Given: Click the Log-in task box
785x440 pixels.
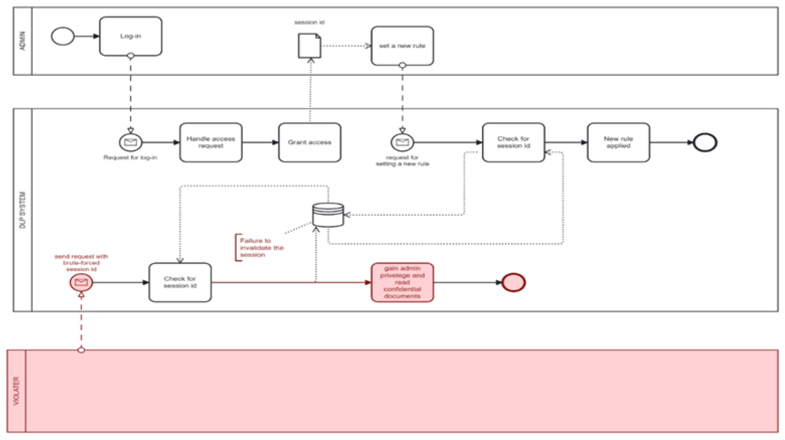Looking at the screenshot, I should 130,36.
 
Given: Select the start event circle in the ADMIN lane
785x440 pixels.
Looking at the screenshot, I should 63,36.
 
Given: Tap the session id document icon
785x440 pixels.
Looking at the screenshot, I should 309,46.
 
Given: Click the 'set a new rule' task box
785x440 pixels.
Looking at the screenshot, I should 402,46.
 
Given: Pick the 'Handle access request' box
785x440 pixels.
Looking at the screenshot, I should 211,142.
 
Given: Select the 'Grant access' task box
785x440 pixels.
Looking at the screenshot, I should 310,142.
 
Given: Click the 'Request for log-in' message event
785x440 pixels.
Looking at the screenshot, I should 130,142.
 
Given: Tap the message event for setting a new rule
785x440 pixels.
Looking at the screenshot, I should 402,142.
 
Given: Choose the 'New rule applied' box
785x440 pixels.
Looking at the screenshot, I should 618,142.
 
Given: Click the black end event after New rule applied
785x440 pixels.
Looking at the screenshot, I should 705,142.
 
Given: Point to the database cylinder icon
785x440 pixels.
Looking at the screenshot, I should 328,215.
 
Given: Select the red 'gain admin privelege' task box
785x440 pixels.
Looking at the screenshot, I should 402,282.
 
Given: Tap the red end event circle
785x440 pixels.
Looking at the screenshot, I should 513,282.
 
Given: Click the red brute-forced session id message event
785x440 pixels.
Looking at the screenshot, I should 81,282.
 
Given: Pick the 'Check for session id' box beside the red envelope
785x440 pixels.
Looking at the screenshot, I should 180,282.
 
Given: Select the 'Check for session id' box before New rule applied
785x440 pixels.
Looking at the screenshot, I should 513,142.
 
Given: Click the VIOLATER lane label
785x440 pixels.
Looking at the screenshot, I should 16,391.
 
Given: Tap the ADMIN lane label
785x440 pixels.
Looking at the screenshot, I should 23,41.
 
